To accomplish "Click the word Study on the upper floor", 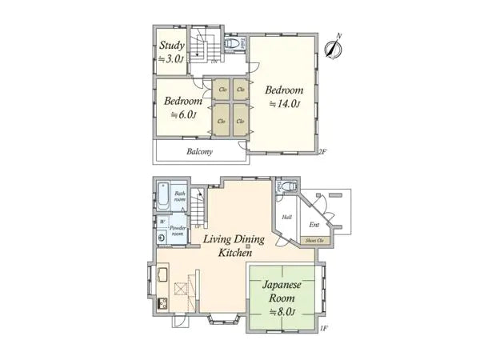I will pyautogui.click(x=172, y=45).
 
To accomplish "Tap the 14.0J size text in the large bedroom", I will pyautogui.click(x=284, y=104).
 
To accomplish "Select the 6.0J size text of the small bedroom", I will pyautogui.click(x=183, y=115).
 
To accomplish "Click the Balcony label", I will pyautogui.click(x=199, y=150).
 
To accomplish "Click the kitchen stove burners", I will pyautogui.click(x=161, y=303).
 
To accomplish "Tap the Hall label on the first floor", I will pyautogui.click(x=286, y=216).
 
